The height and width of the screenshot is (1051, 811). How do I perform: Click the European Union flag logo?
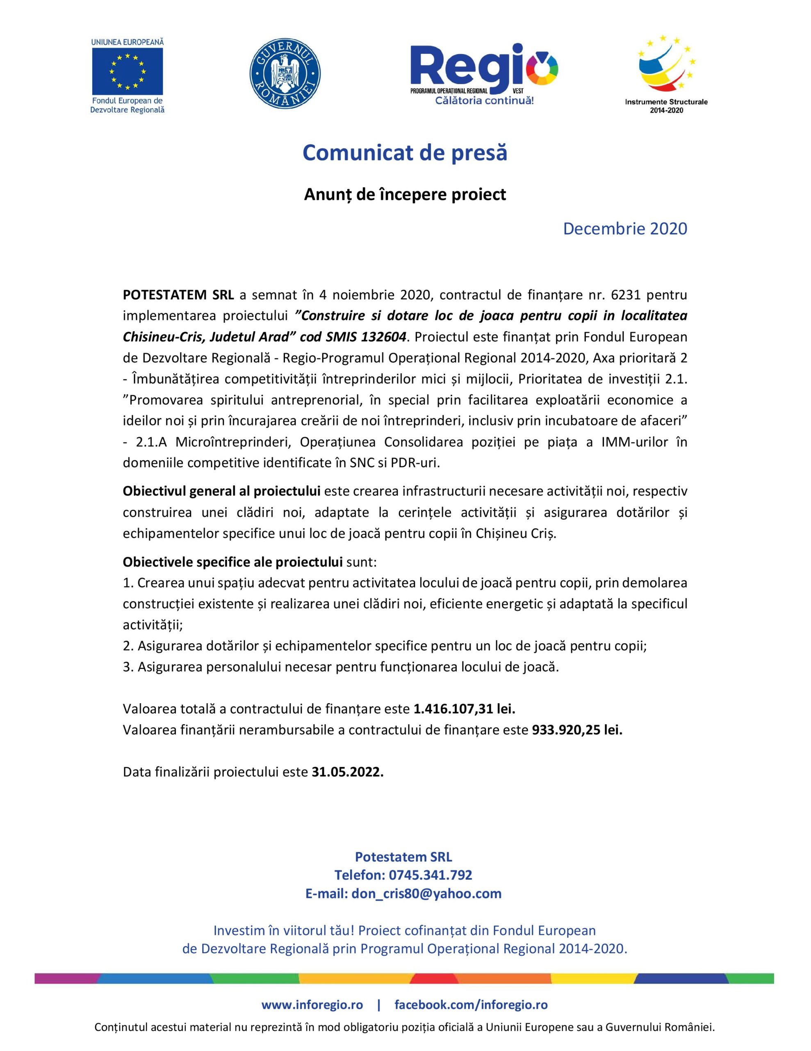point(128,70)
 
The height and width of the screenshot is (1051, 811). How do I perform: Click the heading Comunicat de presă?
point(405,153)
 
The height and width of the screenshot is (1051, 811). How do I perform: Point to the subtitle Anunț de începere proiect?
point(405,195)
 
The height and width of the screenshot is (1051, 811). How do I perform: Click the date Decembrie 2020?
point(625,229)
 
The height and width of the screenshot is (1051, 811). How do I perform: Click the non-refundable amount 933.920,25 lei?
point(577,730)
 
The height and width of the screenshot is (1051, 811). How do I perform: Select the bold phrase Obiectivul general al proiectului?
point(222,491)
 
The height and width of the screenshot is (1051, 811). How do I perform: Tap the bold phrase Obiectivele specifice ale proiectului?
point(232,562)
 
